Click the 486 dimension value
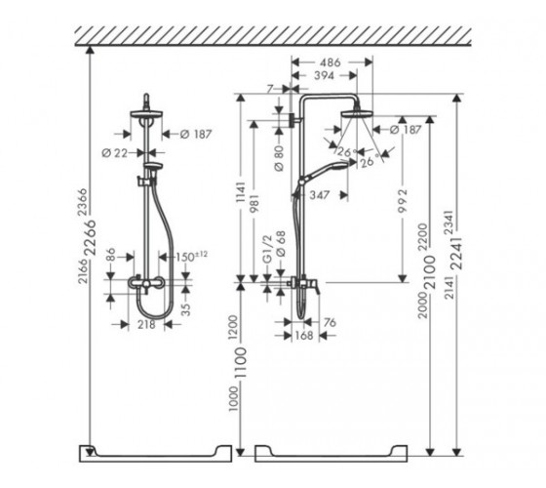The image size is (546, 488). pos(330,62)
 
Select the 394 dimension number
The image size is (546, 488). pos(324,76)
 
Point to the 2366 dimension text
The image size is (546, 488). pos(82,202)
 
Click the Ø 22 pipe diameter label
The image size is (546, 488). pos(115,152)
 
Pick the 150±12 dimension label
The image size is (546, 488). pos(191,257)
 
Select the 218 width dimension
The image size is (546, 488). pos(146,324)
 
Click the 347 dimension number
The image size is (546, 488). pos(319,195)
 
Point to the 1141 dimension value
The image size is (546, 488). pos(241,193)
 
